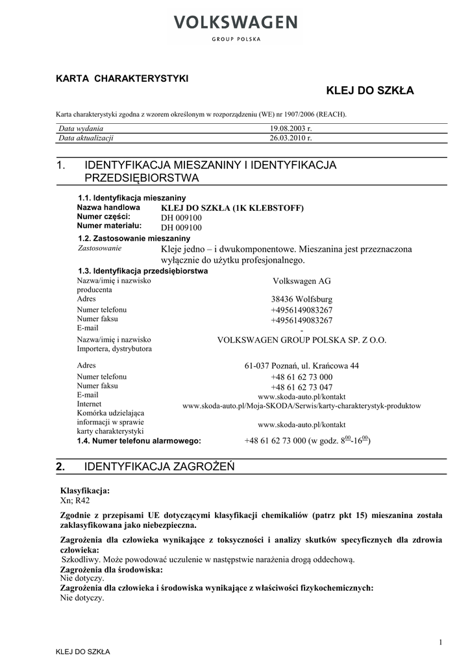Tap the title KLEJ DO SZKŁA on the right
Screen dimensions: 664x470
[369, 90]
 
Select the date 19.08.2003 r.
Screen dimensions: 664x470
[291, 129]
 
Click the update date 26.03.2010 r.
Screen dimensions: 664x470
[291, 138]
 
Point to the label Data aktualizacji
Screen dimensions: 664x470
[86, 138]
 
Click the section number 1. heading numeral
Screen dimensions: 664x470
[62, 166]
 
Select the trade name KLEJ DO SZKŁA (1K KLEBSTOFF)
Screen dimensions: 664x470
[232, 207]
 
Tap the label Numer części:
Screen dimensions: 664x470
[103, 217]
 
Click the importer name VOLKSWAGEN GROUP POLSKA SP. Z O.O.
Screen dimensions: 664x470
[302, 339]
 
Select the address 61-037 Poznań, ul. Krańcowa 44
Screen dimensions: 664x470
[302, 366]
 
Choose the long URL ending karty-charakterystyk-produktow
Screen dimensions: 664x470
[302, 406]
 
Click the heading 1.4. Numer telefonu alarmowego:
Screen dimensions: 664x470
[139, 440]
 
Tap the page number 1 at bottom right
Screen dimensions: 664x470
[440, 642]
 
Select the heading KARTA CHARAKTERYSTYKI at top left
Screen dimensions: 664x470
[122, 78]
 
